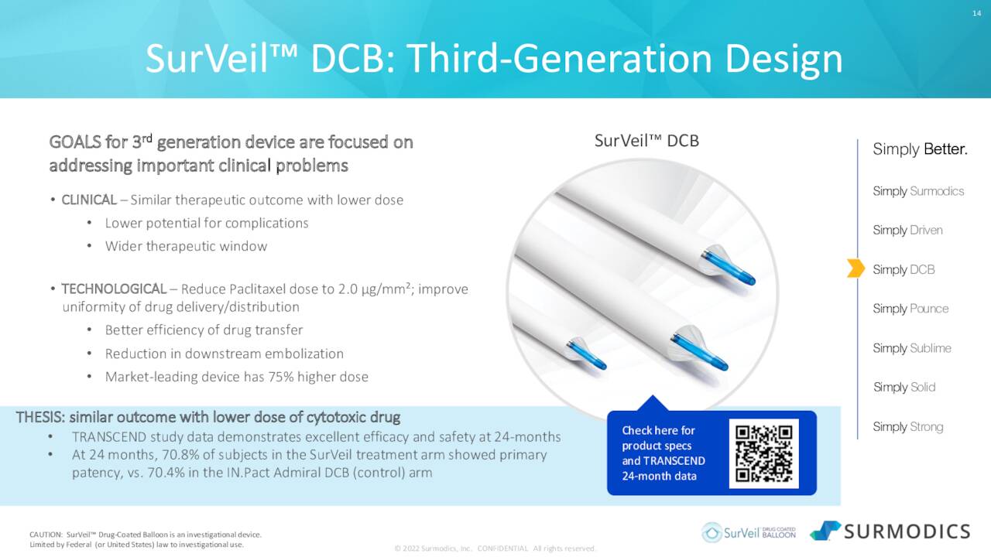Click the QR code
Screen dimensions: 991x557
click(763, 453)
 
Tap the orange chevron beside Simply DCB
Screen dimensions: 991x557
click(856, 268)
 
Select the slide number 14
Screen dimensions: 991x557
click(977, 13)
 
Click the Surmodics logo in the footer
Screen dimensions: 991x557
click(890, 531)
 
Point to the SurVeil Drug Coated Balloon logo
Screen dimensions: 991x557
click(749, 532)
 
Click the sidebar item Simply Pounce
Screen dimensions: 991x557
click(910, 308)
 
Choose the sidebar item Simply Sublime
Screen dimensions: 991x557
click(912, 348)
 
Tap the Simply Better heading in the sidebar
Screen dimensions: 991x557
click(920, 149)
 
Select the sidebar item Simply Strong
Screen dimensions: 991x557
click(908, 426)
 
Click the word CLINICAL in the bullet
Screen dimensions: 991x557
click(89, 200)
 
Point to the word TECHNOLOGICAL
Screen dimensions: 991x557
click(114, 289)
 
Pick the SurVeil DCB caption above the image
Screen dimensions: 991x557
click(646, 141)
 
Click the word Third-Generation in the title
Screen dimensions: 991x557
click(559, 60)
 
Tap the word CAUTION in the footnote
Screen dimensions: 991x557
click(46, 535)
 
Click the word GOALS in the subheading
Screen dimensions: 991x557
click(75, 142)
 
